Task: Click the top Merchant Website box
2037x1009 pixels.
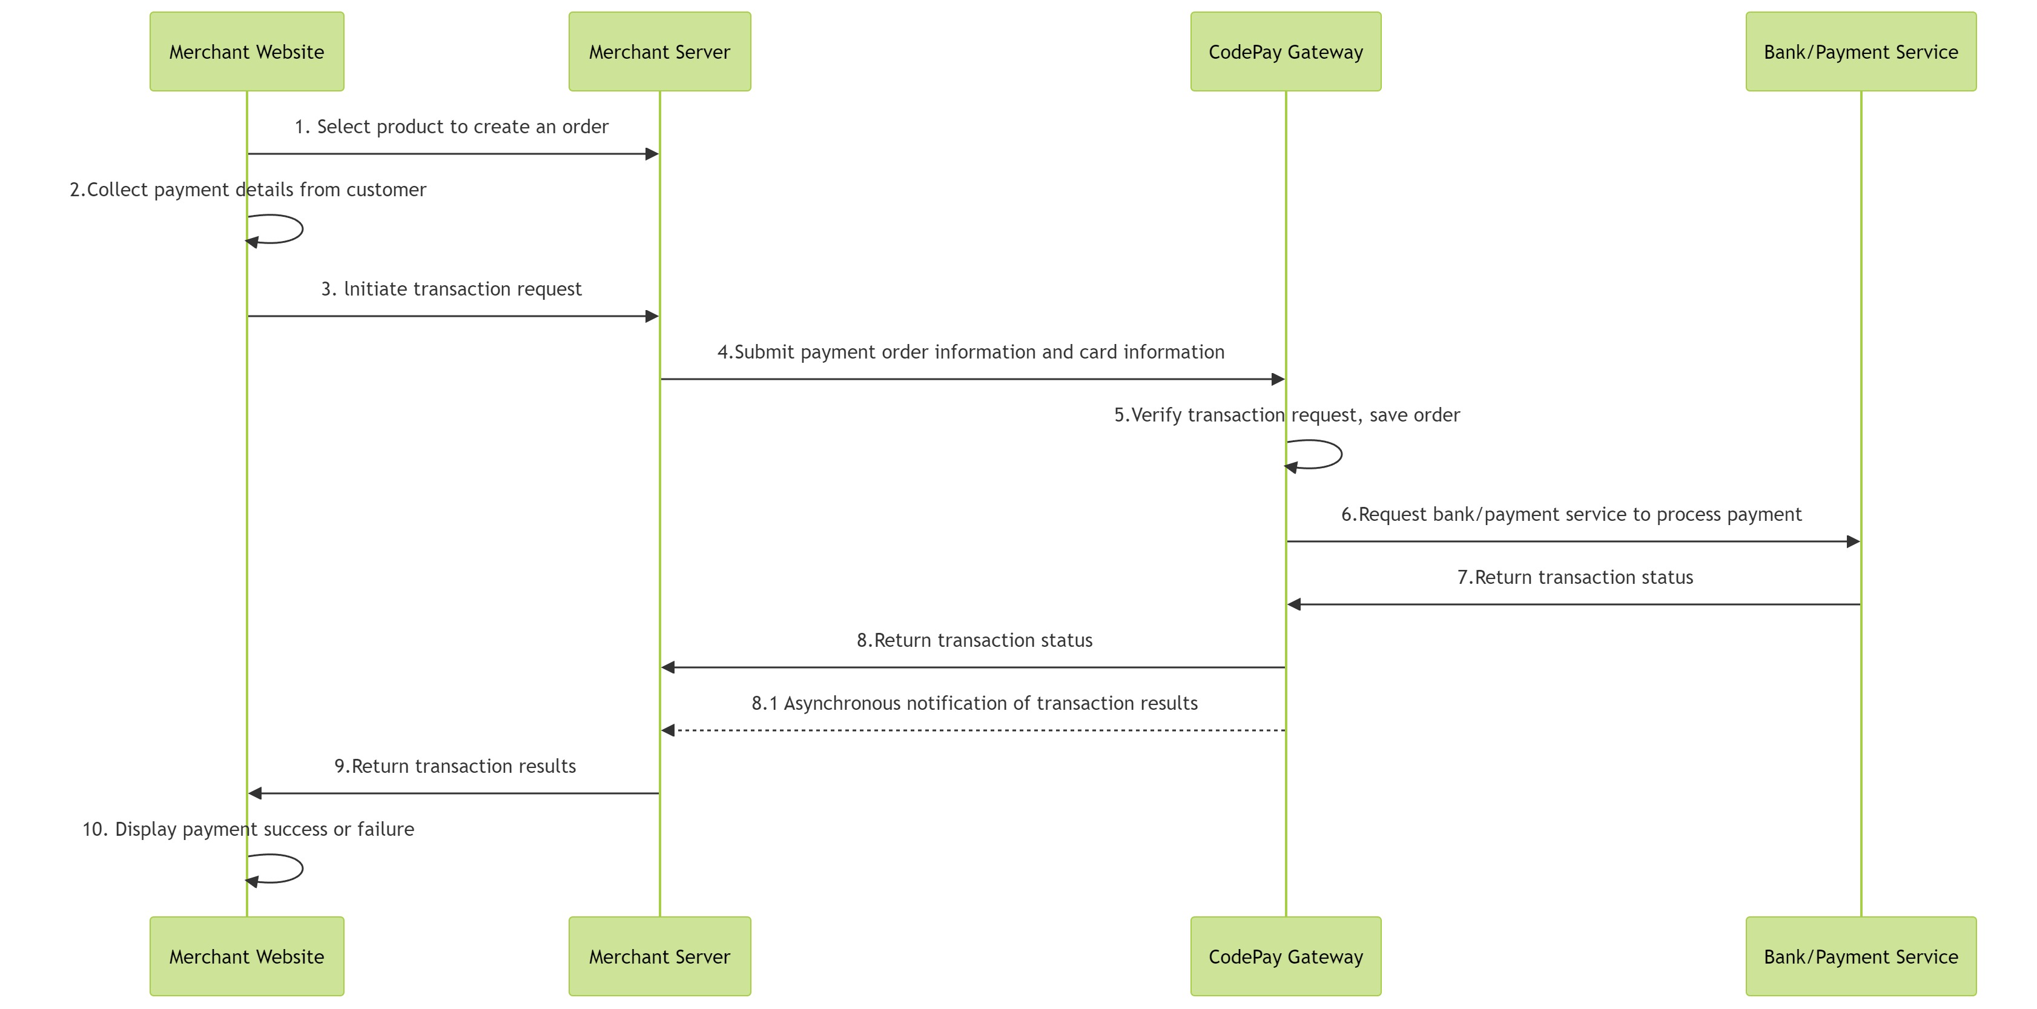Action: pos(246,51)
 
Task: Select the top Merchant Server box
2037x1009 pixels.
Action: pos(659,51)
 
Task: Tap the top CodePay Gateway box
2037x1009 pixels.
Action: pos(1285,51)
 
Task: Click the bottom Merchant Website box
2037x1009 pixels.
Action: pos(246,956)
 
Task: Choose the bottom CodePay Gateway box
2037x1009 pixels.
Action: pos(1285,956)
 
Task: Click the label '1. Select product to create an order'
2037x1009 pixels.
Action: pos(452,127)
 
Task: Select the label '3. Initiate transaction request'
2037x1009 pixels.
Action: pos(452,289)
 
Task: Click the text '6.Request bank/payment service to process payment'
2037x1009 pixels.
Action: pos(1571,514)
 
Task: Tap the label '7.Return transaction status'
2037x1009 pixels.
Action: pos(1574,577)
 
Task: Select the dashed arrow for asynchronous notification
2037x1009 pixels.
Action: pos(972,730)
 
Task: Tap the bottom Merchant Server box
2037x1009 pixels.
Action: pos(659,956)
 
